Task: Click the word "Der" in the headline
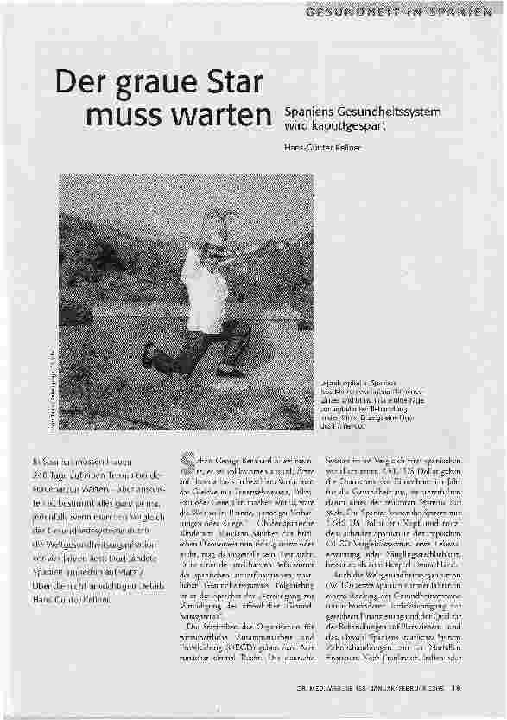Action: (80, 86)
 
